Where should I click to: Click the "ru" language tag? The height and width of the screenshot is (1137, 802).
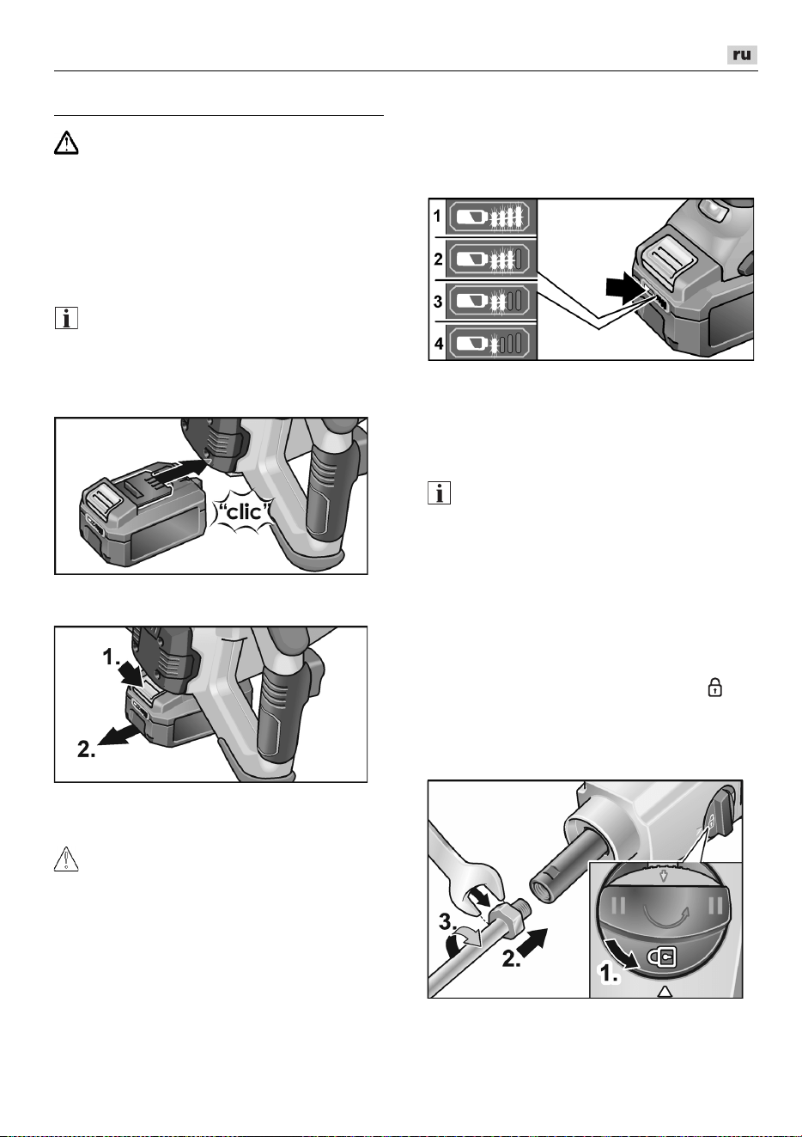point(742,55)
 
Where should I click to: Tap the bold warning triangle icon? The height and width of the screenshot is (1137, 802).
point(66,143)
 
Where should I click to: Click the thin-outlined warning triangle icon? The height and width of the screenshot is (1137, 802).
point(66,859)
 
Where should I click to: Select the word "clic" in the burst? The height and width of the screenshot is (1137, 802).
point(245,511)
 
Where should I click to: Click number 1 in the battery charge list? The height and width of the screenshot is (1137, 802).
point(437,216)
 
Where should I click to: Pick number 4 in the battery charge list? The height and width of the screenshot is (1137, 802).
point(439,344)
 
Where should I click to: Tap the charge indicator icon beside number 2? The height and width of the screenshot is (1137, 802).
point(491,259)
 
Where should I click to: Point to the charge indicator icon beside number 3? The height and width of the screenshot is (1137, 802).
point(491,301)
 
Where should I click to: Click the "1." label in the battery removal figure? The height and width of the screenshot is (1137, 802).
point(112,657)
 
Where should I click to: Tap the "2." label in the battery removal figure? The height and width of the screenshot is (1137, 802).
point(87,749)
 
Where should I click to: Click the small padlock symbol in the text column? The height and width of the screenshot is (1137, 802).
point(714,688)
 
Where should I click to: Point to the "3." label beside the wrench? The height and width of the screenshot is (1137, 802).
point(447,920)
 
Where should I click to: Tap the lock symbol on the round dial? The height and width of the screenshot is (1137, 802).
point(661,958)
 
